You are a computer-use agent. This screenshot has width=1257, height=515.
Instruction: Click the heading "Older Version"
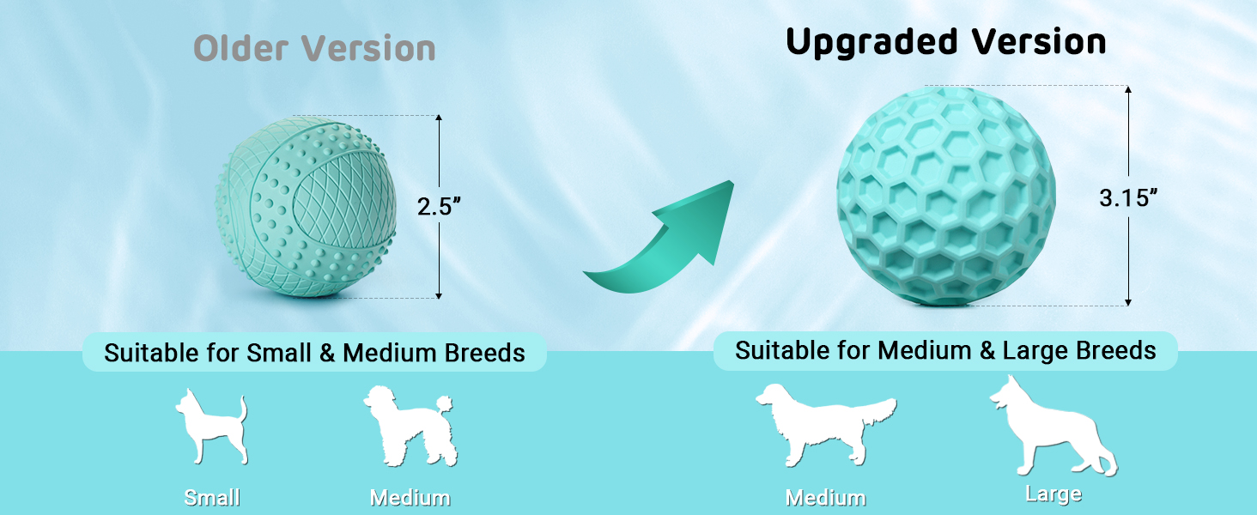pos(314,48)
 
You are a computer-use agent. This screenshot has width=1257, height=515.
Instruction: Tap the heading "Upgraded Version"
pos(946,42)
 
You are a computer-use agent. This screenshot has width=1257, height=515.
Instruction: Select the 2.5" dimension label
pos(439,207)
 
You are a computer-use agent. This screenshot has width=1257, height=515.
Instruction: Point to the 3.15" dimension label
pos(1128,197)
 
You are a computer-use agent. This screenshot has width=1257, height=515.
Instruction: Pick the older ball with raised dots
pos(306,207)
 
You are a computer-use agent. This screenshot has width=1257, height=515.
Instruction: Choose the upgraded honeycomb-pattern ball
pos(946,197)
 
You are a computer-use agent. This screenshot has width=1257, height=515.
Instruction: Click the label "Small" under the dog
pos(212,498)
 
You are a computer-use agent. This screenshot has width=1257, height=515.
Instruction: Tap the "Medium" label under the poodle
pos(410,498)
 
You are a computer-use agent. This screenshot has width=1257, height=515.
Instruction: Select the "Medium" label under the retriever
pos(825,498)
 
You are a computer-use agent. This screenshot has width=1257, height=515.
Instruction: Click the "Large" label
pos(1054,494)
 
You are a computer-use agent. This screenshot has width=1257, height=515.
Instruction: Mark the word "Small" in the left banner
pos(279,353)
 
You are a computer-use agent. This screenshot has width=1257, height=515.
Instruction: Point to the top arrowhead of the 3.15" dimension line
pos(1128,89)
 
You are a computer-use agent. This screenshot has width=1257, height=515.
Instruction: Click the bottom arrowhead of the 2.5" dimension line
pos(439,295)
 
